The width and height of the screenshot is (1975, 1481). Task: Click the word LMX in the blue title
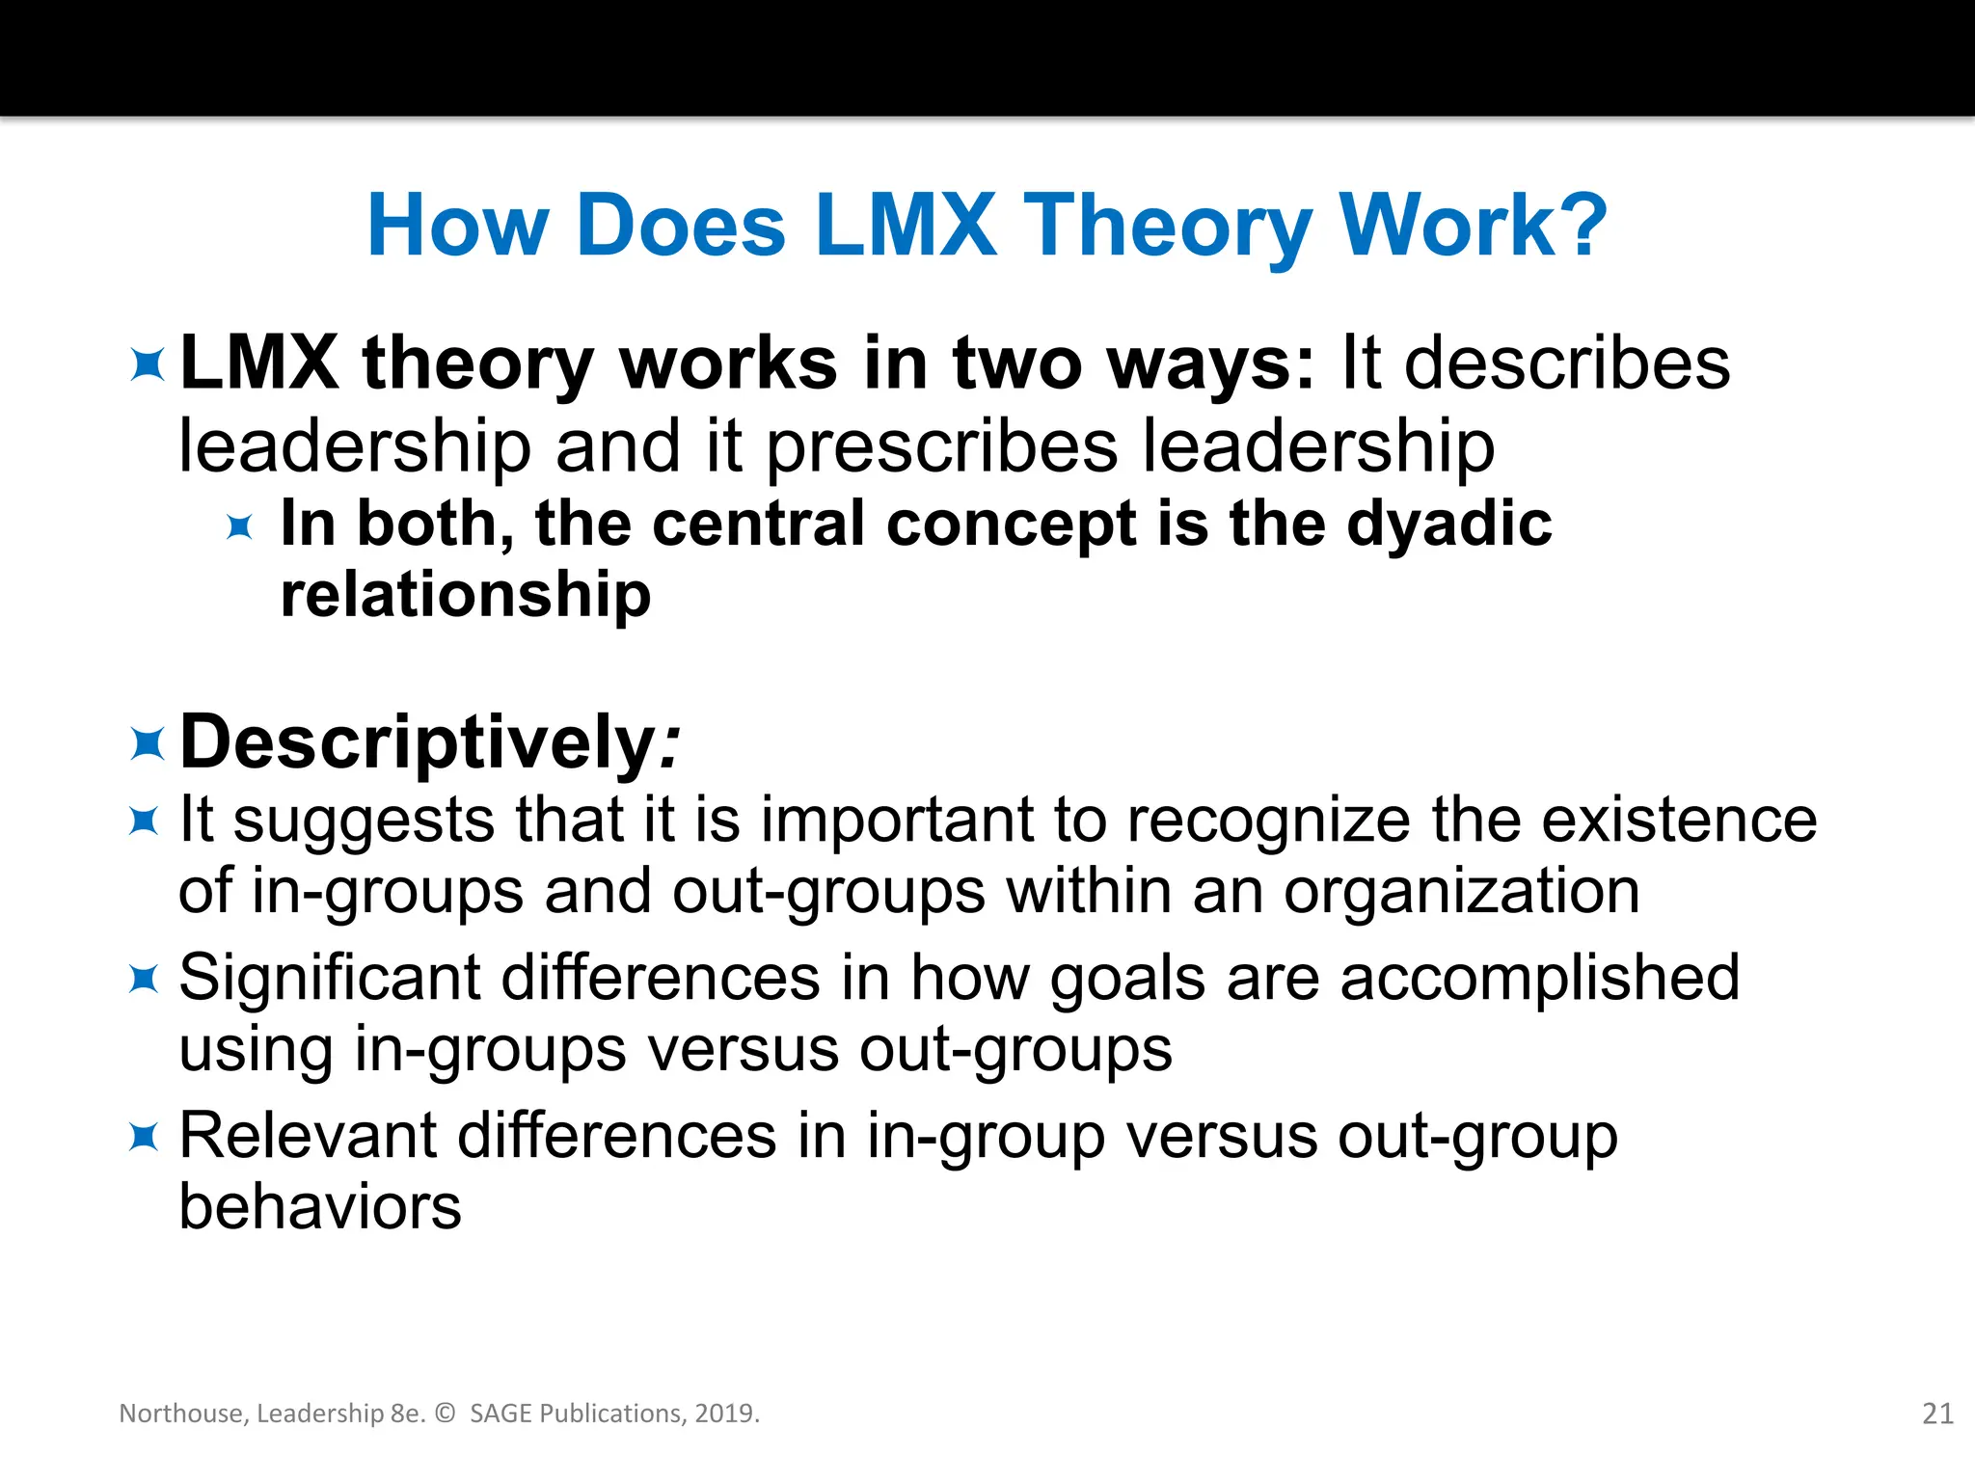point(906,226)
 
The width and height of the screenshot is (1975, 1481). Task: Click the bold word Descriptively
point(419,742)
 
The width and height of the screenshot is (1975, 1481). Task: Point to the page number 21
point(1937,1414)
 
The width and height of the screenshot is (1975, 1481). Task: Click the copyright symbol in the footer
point(445,1414)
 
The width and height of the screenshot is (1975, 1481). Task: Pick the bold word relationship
point(466,594)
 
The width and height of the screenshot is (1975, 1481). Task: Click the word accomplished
point(1540,980)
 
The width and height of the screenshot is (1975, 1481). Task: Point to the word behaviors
point(320,1207)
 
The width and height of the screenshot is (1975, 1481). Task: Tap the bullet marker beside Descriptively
point(147,744)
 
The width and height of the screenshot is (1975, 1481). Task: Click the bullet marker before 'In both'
point(239,526)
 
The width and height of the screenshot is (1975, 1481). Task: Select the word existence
point(1679,821)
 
